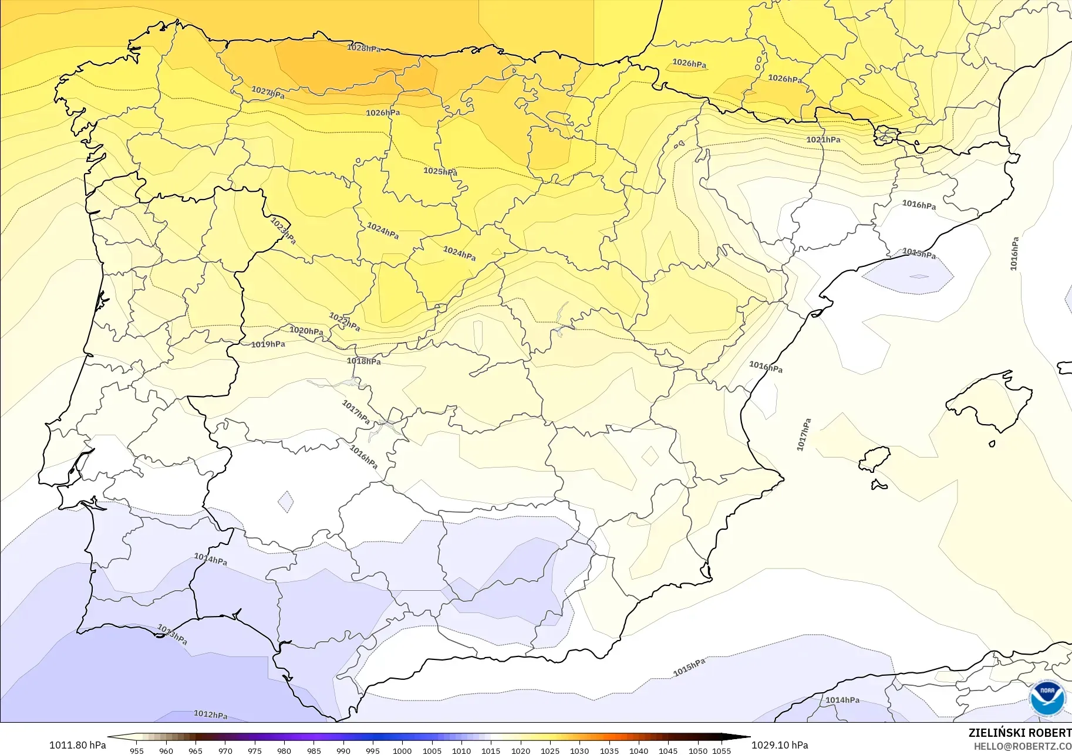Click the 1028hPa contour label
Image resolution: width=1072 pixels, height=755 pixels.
point(364,48)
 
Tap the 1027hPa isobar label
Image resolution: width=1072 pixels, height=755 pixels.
point(268,93)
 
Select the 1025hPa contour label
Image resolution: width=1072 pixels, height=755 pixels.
point(440,171)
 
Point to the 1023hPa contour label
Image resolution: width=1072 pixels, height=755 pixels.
point(283,231)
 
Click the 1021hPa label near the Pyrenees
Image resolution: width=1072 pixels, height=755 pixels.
point(823,140)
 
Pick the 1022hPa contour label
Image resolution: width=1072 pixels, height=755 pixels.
point(345,322)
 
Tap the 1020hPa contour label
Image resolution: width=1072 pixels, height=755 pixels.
point(306,331)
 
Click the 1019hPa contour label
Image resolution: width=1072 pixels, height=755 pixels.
point(268,344)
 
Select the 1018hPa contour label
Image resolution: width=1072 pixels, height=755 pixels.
point(363,361)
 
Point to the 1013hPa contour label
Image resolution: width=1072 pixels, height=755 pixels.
point(173,634)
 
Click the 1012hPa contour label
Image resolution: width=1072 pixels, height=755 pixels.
point(211,715)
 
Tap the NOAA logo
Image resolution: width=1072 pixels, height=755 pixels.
point(1047,698)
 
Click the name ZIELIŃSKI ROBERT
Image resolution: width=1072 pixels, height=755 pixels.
point(1020,733)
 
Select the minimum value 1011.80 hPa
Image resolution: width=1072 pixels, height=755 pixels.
point(77,745)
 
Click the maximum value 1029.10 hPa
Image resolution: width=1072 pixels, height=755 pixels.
point(780,745)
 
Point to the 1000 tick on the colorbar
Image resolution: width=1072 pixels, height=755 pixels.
point(402,750)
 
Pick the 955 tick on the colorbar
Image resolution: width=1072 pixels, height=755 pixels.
point(137,750)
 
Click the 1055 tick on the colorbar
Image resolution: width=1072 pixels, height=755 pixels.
point(722,750)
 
